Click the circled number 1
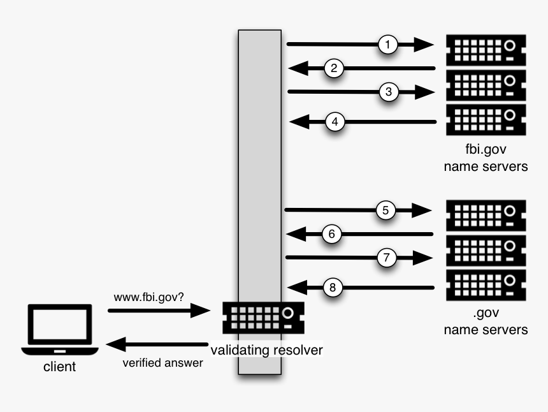click(x=388, y=44)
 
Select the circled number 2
click(x=335, y=68)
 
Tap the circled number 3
click(x=388, y=92)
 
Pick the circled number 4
click(x=336, y=121)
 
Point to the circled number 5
click(x=386, y=210)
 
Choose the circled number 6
click(x=332, y=234)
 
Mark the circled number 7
click(x=386, y=258)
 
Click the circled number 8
click(x=333, y=288)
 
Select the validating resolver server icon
click(x=263, y=317)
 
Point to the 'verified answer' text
click(x=162, y=363)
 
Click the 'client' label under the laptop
click(x=59, y=367)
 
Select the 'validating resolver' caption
click(x=266, y=349)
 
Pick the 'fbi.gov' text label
click(x=486, y=151)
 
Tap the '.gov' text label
click(x=486, y=314)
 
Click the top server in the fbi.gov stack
click(x=486, y=48)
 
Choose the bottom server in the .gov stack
click(x=486, y=285)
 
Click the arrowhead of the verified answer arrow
click(x=116, y=345)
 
